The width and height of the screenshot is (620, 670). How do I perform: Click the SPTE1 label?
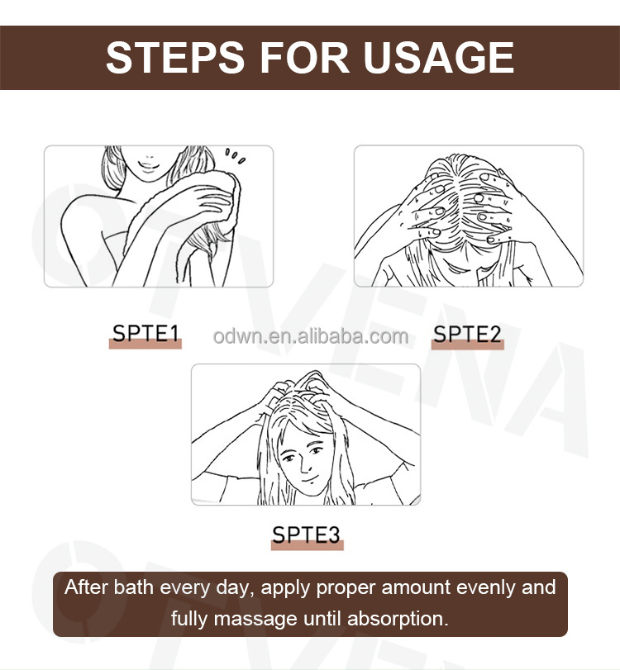(145, 334)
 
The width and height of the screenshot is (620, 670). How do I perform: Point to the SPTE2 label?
(467, 334)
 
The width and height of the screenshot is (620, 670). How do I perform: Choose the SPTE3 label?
(307, 535)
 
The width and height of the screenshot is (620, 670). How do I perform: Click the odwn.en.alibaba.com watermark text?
(310, 336)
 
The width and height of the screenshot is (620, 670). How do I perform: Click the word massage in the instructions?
(244, 617)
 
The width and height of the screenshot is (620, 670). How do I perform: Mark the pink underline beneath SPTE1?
(145, 345)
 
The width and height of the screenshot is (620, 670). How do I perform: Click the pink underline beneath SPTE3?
(307, 546)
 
